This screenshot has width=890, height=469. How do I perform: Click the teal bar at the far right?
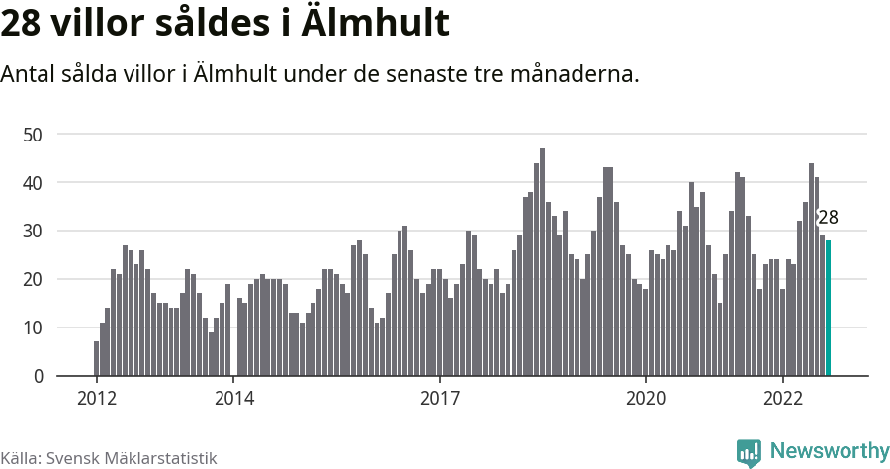(x=828, y=309)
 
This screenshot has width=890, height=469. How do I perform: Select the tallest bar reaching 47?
(x=542, y=262)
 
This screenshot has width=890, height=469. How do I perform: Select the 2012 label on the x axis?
(x=97, y=399)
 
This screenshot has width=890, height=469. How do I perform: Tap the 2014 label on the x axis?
(x=234, y=399)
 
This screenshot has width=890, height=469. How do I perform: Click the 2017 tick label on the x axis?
(x=440, y=399)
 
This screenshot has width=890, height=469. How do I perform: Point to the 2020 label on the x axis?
(x=646, y=399)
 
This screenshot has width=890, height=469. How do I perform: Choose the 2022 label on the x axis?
(x=783, y=399)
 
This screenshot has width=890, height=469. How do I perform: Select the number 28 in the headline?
(x=23, y=24)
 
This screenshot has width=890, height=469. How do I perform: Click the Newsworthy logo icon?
(x=749, y=452)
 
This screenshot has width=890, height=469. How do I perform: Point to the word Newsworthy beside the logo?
(x=829, y=451)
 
